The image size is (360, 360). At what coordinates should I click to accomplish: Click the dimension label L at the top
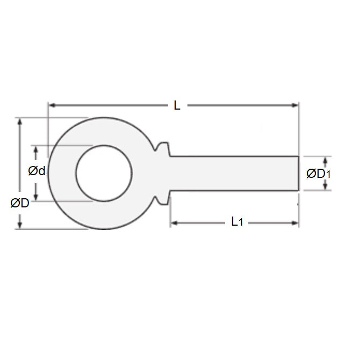coord(177,106)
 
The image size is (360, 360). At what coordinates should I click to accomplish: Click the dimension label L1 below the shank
coord(236,221)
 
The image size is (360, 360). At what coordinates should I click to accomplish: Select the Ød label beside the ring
coord(36,171)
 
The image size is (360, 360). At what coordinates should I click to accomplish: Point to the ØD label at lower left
coord(19,203)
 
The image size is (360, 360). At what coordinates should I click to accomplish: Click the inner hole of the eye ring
coord(104,173)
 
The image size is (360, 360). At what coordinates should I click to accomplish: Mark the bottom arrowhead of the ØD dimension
coord(20,225)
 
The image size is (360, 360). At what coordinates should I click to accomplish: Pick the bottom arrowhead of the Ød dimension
coord(36,197)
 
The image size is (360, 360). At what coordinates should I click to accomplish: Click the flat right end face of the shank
coord(298,173)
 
